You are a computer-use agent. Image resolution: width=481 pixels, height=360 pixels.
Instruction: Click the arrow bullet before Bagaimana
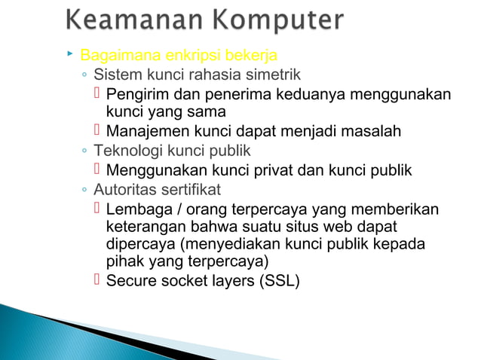tap(69, 54)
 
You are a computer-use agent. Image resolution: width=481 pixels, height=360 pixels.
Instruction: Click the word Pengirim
tap(138, 95)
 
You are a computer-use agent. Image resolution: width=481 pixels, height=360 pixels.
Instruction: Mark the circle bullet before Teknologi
tap(85, 151)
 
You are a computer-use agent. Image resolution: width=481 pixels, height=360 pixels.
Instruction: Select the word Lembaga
tap(136, 209)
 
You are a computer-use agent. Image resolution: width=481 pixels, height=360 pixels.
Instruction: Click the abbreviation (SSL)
tap(279, 282)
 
